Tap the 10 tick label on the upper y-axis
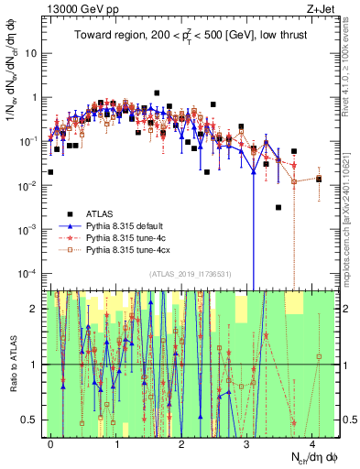(x=33, y=53)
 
